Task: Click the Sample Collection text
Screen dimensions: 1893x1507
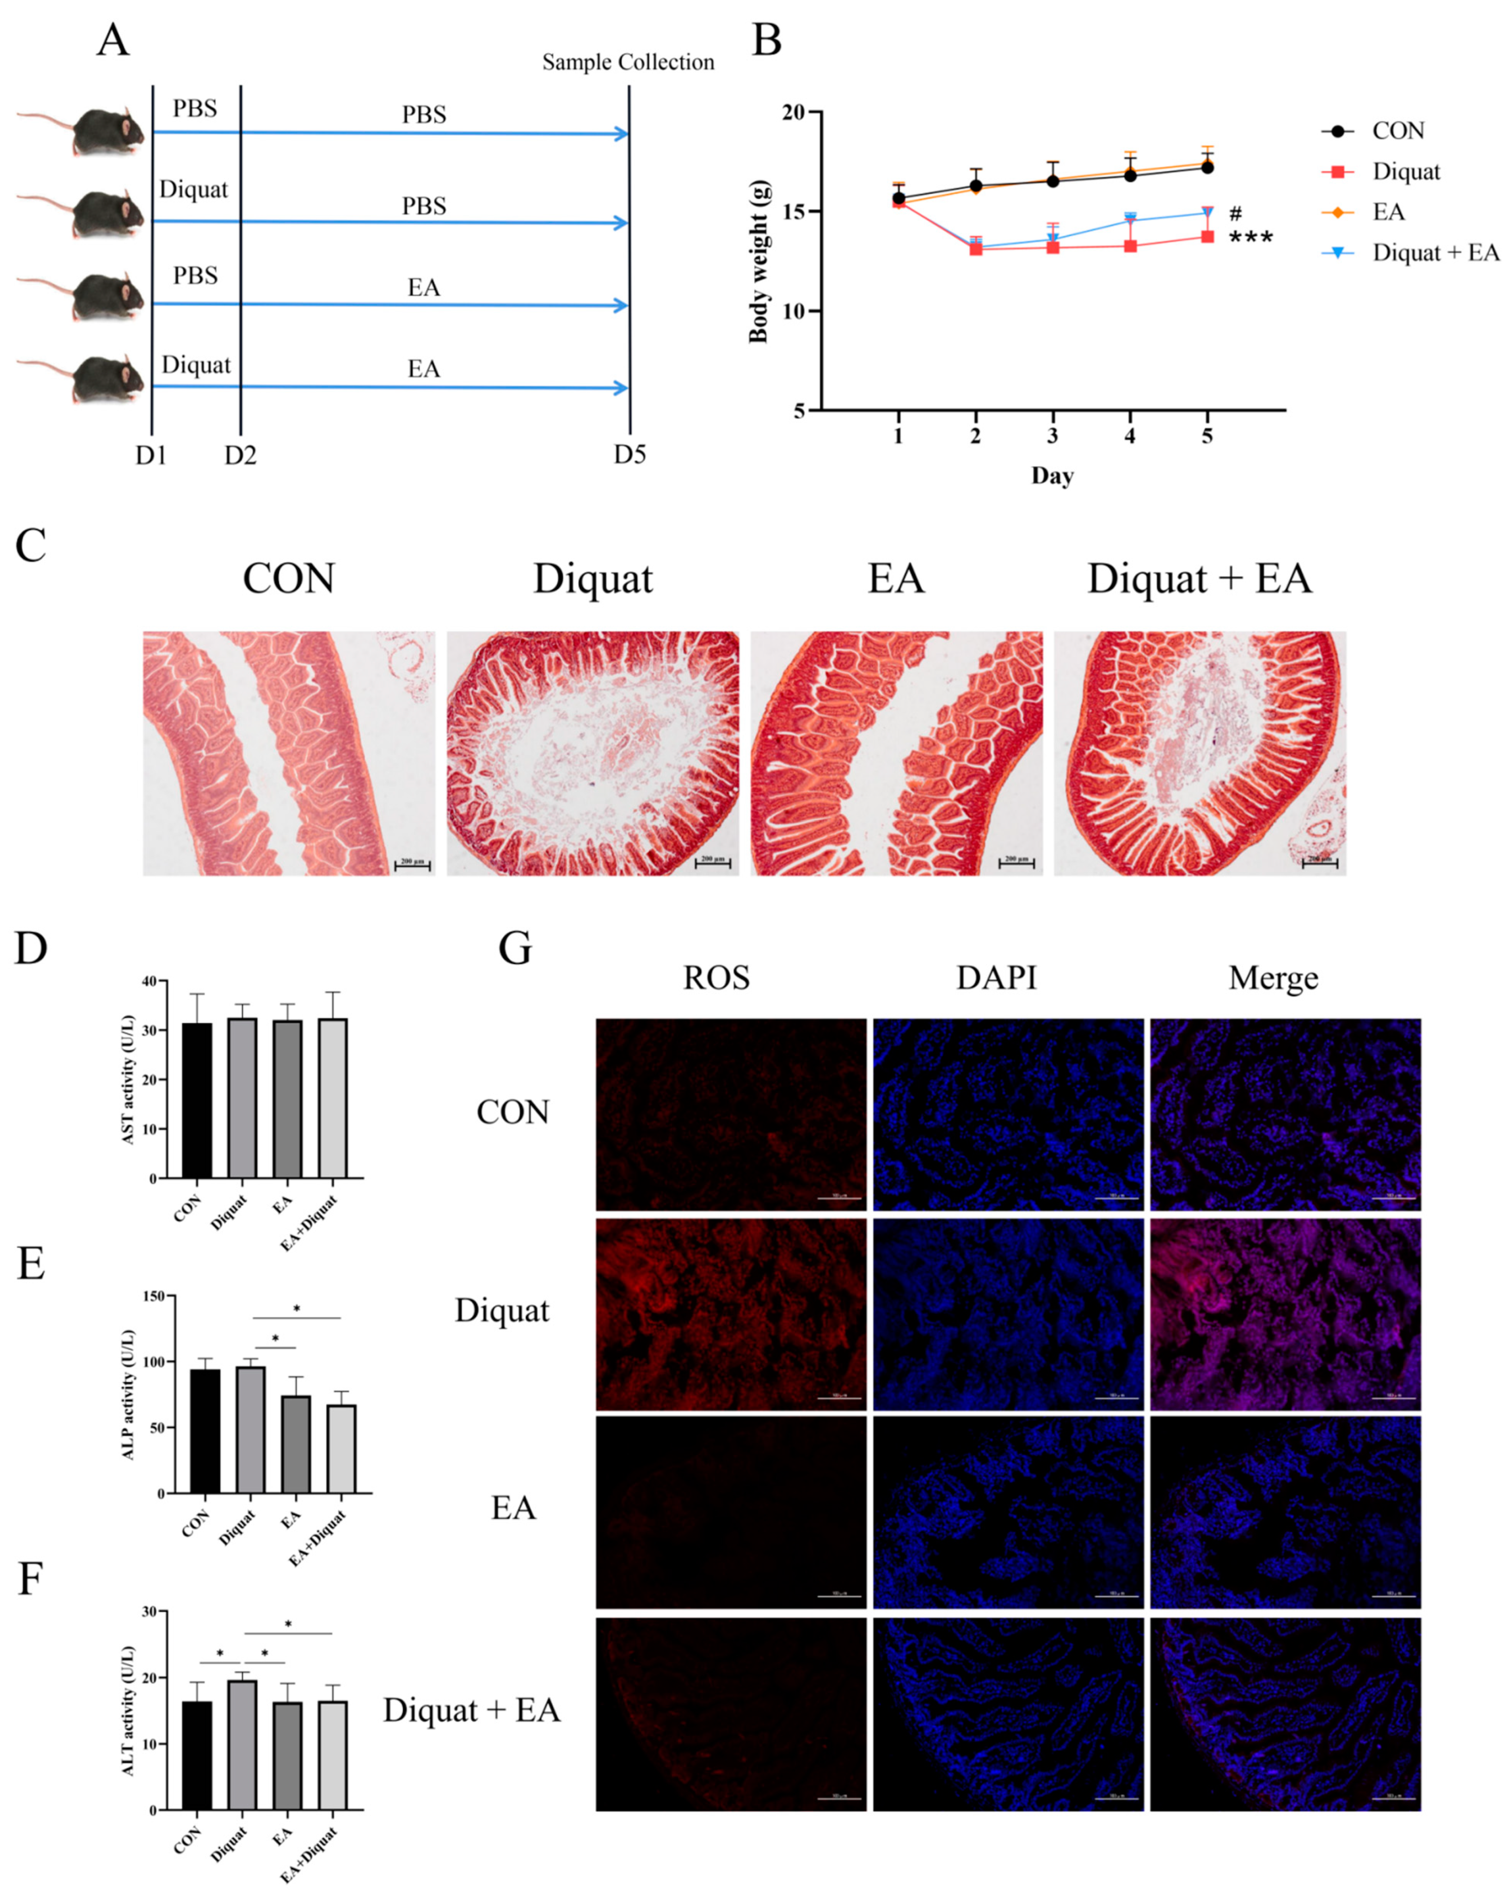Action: coord(628,62)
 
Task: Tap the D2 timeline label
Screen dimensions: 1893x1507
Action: coord(239,455)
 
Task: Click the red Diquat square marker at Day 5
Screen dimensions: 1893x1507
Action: coord(1207,236)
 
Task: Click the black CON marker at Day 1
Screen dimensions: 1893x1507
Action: coord(898,198)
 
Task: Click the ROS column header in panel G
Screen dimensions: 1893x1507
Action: coord(716,978)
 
